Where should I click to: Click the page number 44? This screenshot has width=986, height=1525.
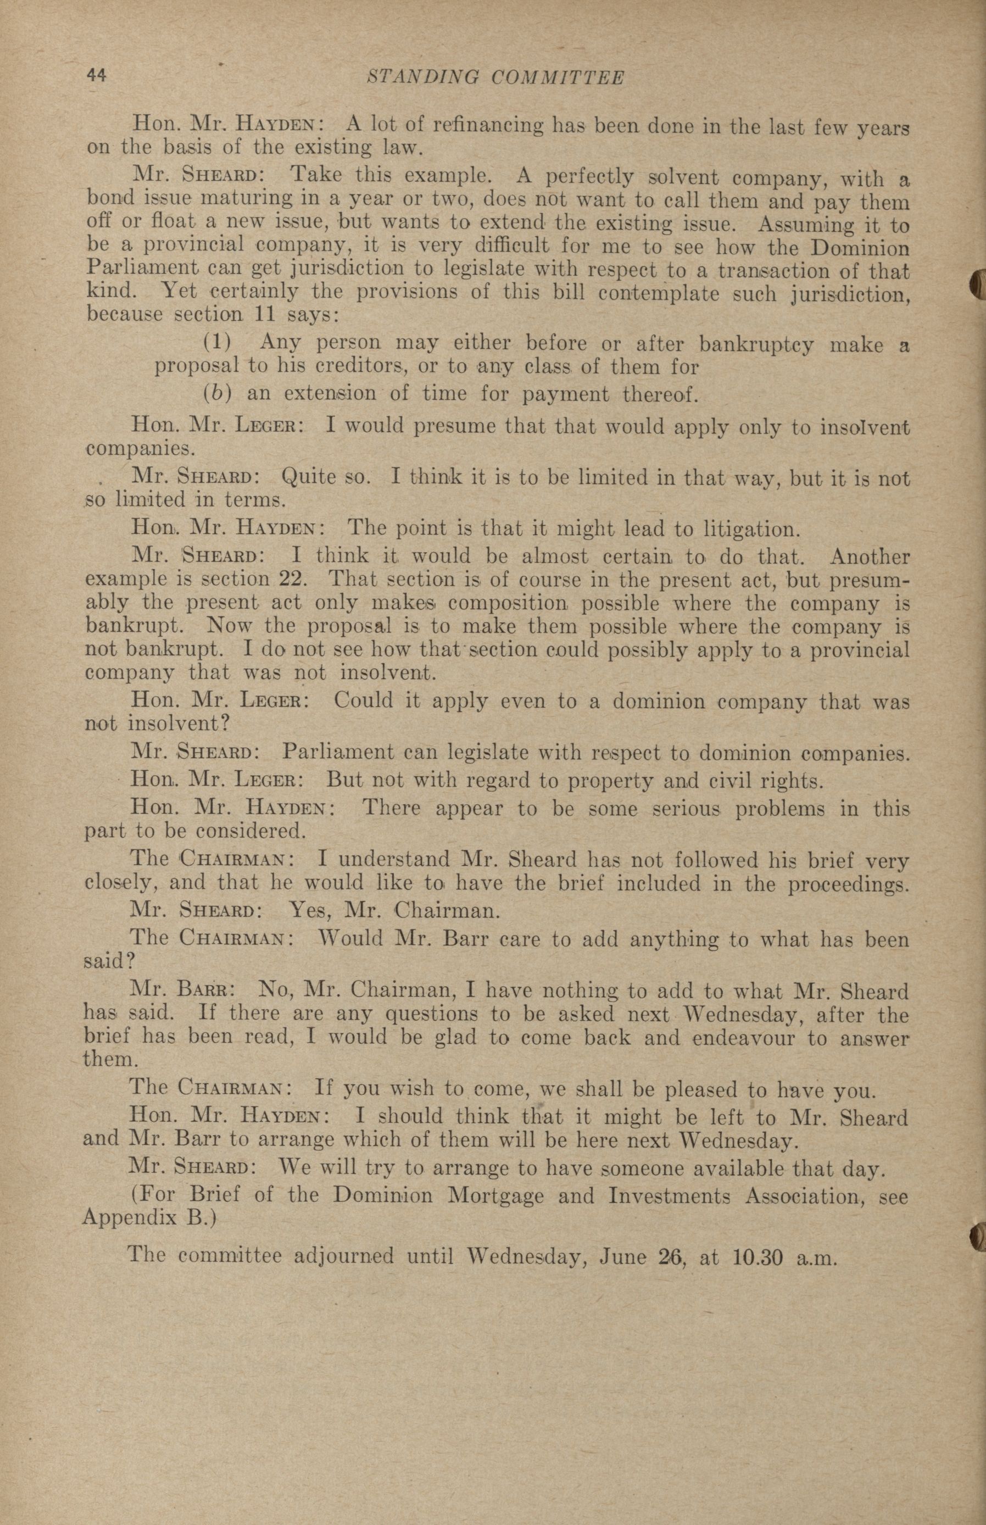click(x=97, y=76)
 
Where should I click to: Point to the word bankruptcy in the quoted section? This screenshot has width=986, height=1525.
click(x=755, y=345)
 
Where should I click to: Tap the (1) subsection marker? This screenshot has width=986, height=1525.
click(x=217, y=342)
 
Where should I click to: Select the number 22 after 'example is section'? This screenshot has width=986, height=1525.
click(x=294, y=579)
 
